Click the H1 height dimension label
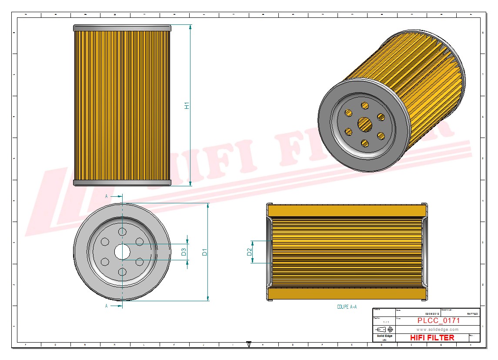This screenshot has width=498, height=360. [x=187, y=105]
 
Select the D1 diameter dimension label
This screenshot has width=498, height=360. [x=204, y=252]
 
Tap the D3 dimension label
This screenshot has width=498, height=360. [x=184, y=251]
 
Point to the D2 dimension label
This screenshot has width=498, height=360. [x=249, y=252]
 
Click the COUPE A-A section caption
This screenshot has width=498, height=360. [x=347, y=307]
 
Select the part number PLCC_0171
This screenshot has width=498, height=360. [x=438, y=321]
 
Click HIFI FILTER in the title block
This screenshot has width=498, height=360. [x=432, y=338]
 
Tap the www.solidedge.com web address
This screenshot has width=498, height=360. [x=438, y=330]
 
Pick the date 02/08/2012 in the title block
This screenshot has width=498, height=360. [x=433, y=313]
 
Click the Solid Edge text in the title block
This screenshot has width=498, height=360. [x=384, y=336]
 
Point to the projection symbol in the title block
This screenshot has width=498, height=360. [x=384, y=329]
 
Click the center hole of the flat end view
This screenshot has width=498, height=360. [x=122, y=251]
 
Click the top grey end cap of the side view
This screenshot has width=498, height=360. [x=122, y=28]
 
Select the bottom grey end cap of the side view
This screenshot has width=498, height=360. [x=122, y=183]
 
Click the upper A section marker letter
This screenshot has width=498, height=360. [x=107, y=196]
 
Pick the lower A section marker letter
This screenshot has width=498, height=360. [x=107, y=306]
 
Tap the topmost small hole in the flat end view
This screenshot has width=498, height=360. [x=122, y=231]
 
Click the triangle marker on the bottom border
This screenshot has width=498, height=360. [x=249, y=344]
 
